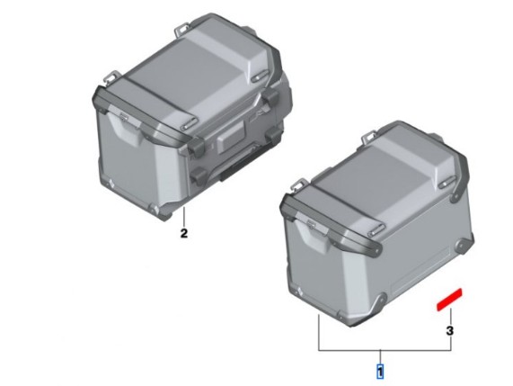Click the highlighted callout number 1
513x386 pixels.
380,372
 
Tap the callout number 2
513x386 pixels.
184,233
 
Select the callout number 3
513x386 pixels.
450,330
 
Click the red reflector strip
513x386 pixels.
449,299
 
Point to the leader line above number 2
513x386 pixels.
184,217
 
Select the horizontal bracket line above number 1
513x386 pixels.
385,351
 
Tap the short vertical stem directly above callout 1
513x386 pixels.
380,357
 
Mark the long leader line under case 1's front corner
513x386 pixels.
319,332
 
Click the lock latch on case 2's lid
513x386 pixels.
124,116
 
